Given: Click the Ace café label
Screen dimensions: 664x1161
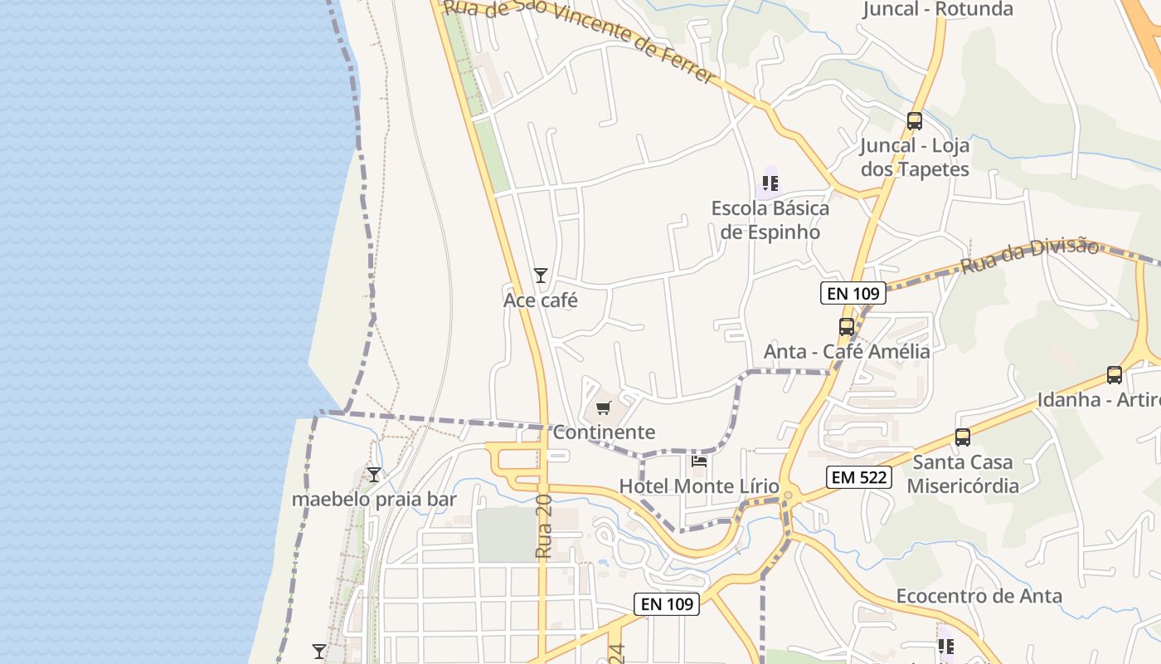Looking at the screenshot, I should tap(540, 300).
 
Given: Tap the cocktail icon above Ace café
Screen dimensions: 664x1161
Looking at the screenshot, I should tap(541, 275).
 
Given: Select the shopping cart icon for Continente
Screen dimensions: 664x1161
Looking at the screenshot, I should tap(603, 408).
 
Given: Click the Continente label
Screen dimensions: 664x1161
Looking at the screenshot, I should tap(604, 432).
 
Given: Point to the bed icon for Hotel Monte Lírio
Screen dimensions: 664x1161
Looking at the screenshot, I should tap(699, 461).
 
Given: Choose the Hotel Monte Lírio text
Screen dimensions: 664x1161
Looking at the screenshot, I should tap(699, 486).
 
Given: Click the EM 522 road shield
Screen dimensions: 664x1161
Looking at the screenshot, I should tap(858, 477).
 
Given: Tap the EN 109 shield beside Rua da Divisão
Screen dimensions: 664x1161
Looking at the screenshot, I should tap(853, 293).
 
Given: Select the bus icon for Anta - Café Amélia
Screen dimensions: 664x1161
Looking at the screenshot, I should tap(846, 327).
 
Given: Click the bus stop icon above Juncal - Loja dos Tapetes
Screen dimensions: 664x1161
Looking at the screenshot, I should tap(915, 121).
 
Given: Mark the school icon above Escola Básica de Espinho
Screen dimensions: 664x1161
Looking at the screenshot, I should tap(770, 183).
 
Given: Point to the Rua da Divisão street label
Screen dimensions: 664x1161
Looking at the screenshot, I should tap(1030, 256).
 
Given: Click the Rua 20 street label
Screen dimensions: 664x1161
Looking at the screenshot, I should tap(543, 526).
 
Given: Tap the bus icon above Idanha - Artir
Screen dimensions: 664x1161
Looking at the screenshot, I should tap(1115, 375).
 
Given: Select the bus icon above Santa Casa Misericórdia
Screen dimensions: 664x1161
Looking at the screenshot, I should tap(962, 437).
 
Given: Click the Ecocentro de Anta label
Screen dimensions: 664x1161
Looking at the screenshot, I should tap(979, 596).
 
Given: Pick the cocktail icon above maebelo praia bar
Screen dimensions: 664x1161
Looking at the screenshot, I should tap(374, 474).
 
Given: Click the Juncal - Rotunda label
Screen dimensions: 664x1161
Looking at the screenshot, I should tap(937, 9).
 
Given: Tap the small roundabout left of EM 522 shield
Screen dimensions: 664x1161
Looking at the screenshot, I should tap(788, 496).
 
